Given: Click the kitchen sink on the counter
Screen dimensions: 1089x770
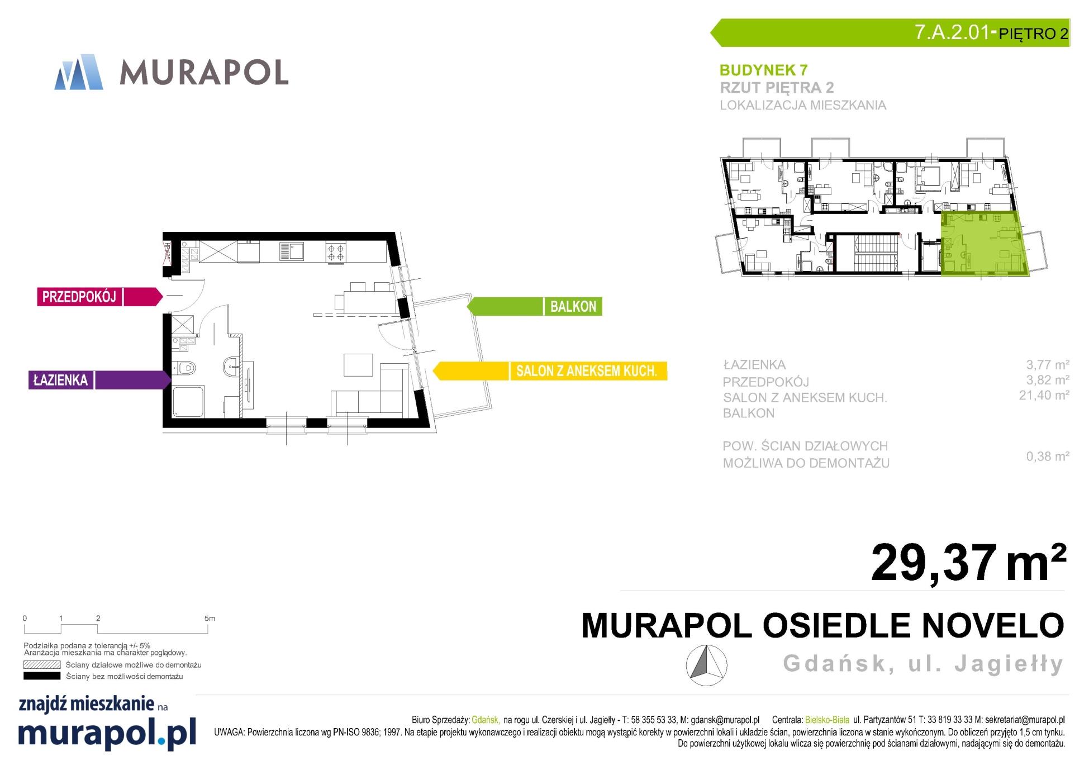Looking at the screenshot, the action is (292, 251).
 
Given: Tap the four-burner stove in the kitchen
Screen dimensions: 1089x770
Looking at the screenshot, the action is (336, 251).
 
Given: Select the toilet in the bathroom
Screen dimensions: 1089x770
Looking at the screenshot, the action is (187, 368).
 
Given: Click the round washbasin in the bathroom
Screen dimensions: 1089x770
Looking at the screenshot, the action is (231, 367).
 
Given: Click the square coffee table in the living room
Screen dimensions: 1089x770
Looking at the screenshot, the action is (358, 365).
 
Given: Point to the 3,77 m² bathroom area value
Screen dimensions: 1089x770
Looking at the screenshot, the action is (1047, 365).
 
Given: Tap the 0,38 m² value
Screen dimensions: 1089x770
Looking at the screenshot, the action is (1047, 456).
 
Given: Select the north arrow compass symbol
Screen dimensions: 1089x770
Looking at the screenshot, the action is (706, 665).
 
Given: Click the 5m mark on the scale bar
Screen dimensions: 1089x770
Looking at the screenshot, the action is (210, 619).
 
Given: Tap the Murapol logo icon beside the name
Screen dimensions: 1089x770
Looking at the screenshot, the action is (79, 72).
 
